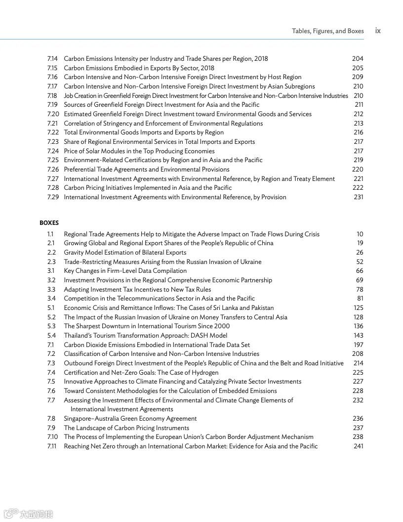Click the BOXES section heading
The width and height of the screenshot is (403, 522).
coord(49,223)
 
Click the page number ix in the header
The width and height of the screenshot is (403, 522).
coord(378,31)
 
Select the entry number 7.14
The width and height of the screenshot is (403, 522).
coord(52,59)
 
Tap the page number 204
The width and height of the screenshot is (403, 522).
coord(358,59)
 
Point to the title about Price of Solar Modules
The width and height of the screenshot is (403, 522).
coord(139,151)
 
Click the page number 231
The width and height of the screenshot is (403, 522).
coord(358,197)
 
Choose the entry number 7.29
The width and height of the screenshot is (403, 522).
coord(53,197)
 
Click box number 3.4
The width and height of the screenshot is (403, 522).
coord(51,299)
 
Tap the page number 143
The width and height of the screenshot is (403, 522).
coord(358,335)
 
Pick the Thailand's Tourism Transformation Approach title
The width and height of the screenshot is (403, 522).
coord(145,335)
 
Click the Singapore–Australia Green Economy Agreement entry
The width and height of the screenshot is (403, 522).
coord(130,418)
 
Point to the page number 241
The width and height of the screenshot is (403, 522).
coord(358,446)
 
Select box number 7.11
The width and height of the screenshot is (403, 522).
coord(52,446)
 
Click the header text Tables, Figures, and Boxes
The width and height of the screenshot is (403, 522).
coord(327,31)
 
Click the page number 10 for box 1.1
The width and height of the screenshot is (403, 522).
coord(360,234)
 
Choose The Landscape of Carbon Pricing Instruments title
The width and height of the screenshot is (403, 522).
coord(126,428)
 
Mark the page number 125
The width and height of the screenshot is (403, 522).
coord(358,307)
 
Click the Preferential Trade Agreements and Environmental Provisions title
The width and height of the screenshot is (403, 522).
coord(147,169)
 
